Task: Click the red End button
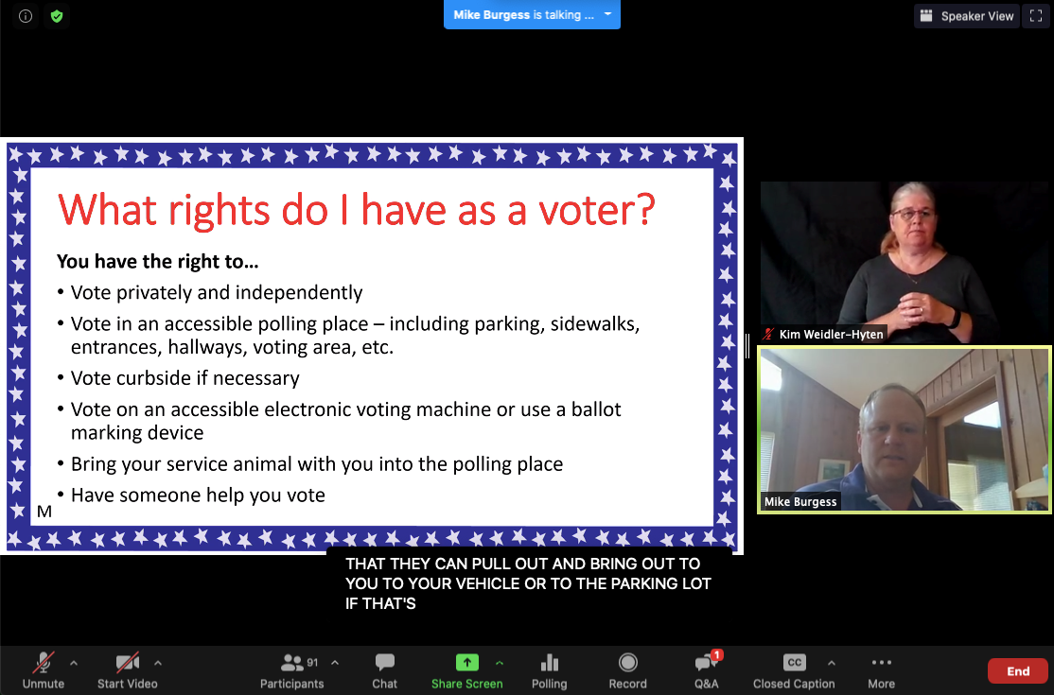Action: click(x=1017, y=671)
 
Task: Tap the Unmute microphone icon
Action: click(x=43, y=663)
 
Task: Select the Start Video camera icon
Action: click(x=128, y=663)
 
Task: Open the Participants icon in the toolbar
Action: click(x=292, y=663)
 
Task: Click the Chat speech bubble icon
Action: click(x=384, y=663)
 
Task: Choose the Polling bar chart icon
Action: click(x=549, y=663)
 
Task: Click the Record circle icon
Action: click(x=627, y=663)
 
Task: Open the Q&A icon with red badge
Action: click(x=706, y=663)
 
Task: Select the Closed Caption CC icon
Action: click(x=794, y=663)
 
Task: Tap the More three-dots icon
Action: click(x=881, y=663)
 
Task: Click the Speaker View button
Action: click(x=967, y=16)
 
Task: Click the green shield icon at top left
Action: click(x=57, y=16)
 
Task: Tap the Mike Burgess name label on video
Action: click(x=800, y=502)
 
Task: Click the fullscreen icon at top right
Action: click(x=1035, y=16)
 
